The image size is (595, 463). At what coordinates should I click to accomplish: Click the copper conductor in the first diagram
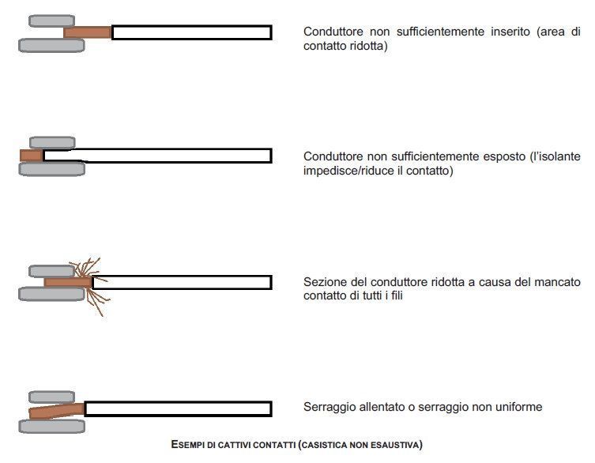tap(88, 32)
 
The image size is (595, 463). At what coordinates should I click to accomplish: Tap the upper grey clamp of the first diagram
tap(51, 21)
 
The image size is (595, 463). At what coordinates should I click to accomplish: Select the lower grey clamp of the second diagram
tap(52, 168)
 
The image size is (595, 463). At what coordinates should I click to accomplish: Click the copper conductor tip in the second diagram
tap(32, 155)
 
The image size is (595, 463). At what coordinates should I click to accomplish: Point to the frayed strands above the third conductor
tap(85, 268)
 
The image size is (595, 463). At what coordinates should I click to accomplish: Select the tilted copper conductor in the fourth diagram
tap(57, 412)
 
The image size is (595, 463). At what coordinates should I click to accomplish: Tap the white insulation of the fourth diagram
tap(178, 409)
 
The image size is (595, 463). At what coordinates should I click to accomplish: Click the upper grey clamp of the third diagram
tap(51, 271)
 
